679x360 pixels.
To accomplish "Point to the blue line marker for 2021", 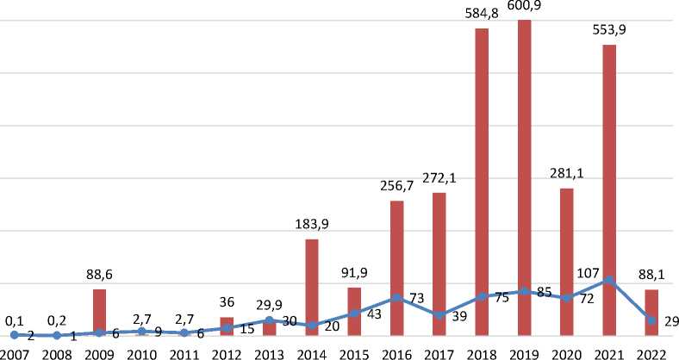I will [x=608, y=280].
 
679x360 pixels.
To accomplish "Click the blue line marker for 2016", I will [x=396, y=298].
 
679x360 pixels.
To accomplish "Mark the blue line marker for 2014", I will [x=312, y=326].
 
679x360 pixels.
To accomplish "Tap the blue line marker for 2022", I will [x=651, y=320].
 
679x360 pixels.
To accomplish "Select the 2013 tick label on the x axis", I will [x=270, y=351].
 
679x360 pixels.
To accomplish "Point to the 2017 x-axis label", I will [x=439, y=351].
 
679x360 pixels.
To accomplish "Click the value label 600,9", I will [x=524, y=7].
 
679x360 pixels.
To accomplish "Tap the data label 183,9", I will [x=312, y=224].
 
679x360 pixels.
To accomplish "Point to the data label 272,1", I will [x=439, y=178].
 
